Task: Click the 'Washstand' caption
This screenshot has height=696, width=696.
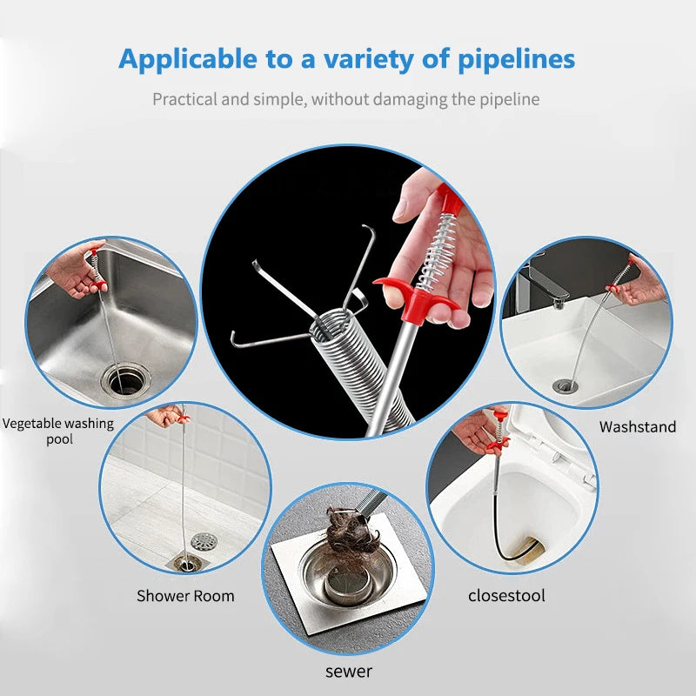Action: click(x=637, y=426)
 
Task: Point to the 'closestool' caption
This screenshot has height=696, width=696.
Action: click(x=507, y=595)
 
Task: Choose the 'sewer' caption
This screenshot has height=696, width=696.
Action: click(x=349, y=671)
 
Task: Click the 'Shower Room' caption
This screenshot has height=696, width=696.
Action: click(x=185, y=596)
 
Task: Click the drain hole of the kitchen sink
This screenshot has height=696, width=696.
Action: click(x=123, y=379)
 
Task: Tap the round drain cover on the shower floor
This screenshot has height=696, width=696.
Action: click(x=203, y=542)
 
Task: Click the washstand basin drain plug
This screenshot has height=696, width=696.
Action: click(x=564, y=385)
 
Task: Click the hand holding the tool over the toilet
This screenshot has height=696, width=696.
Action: click(x=477, y=432)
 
